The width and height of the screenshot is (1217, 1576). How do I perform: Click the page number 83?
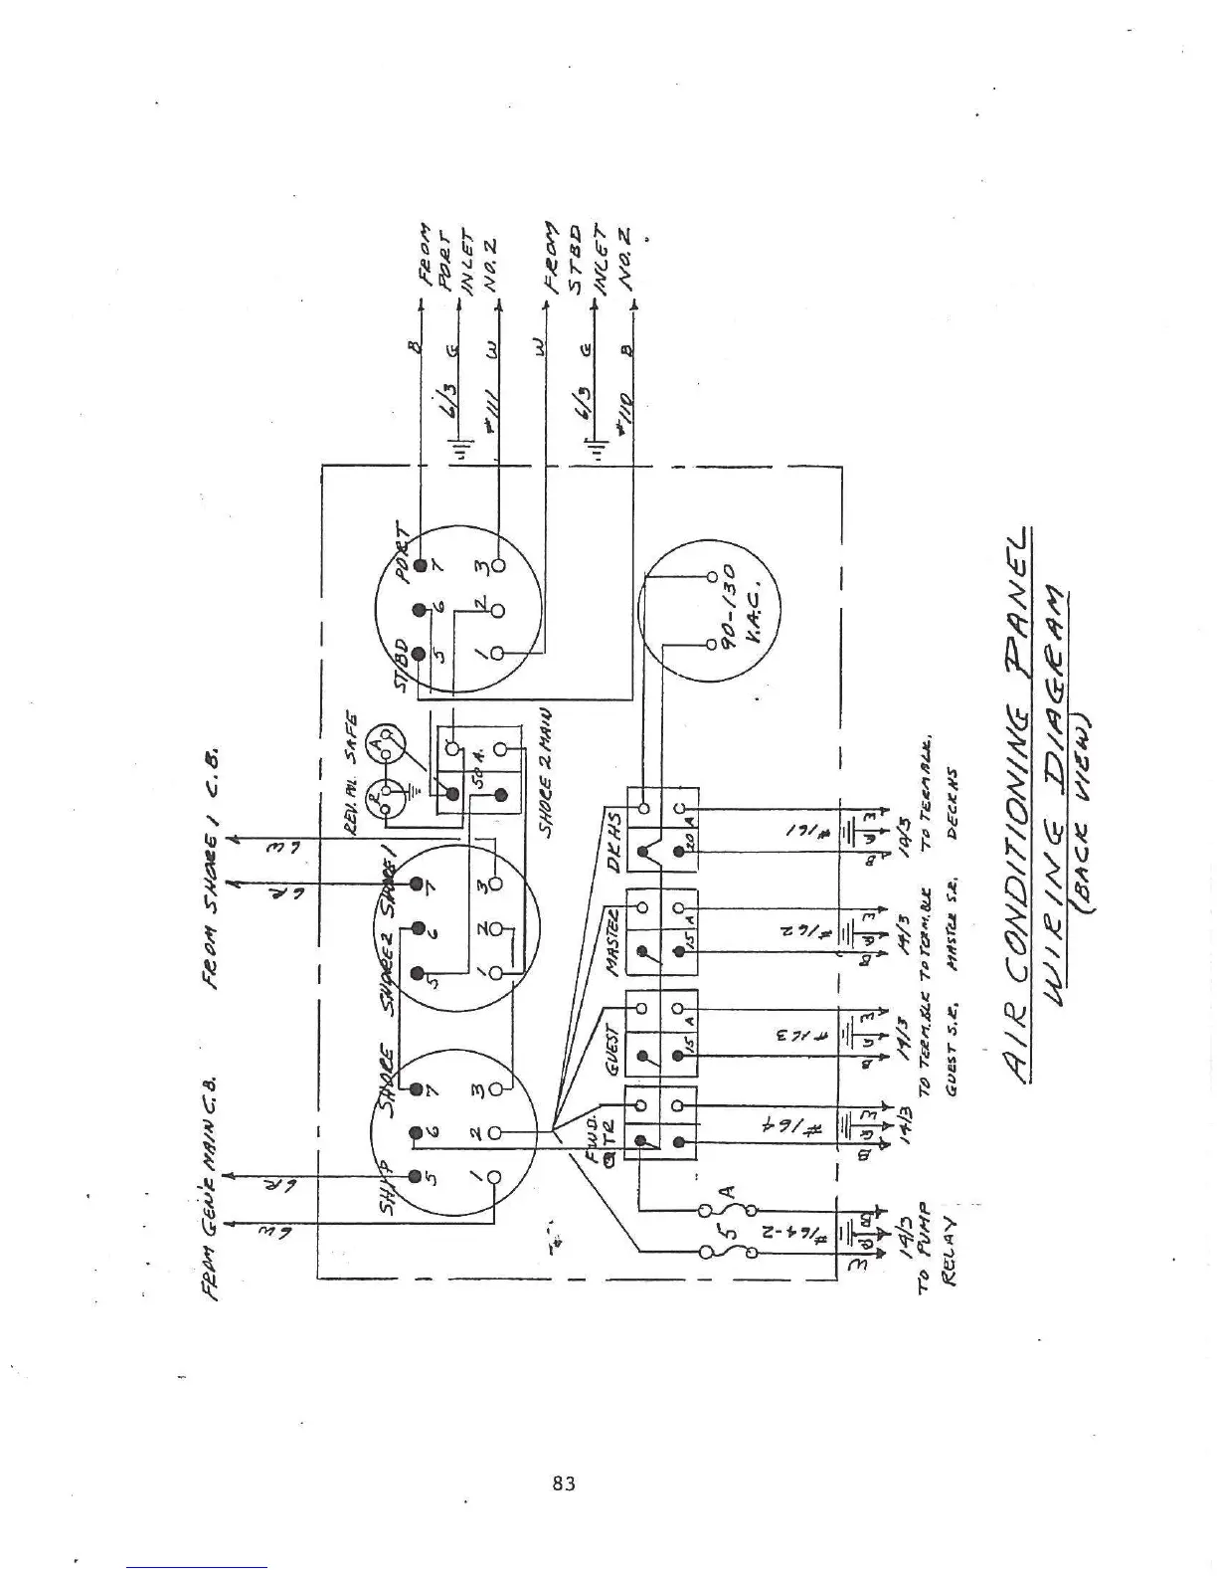(564, 1484)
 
